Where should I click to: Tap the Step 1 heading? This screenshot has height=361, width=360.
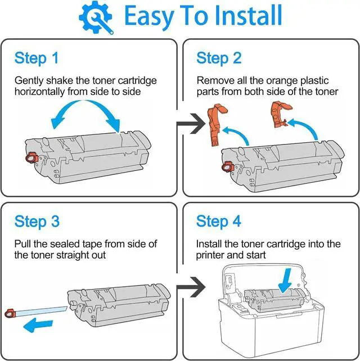tap(37, 58)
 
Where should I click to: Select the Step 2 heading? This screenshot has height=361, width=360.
tap(219, 58)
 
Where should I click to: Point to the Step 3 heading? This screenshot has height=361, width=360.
tap(37, 221)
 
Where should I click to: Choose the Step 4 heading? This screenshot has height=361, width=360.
tap(219, 221)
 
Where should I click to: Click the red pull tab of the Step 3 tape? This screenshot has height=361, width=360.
tap(10, 312)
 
